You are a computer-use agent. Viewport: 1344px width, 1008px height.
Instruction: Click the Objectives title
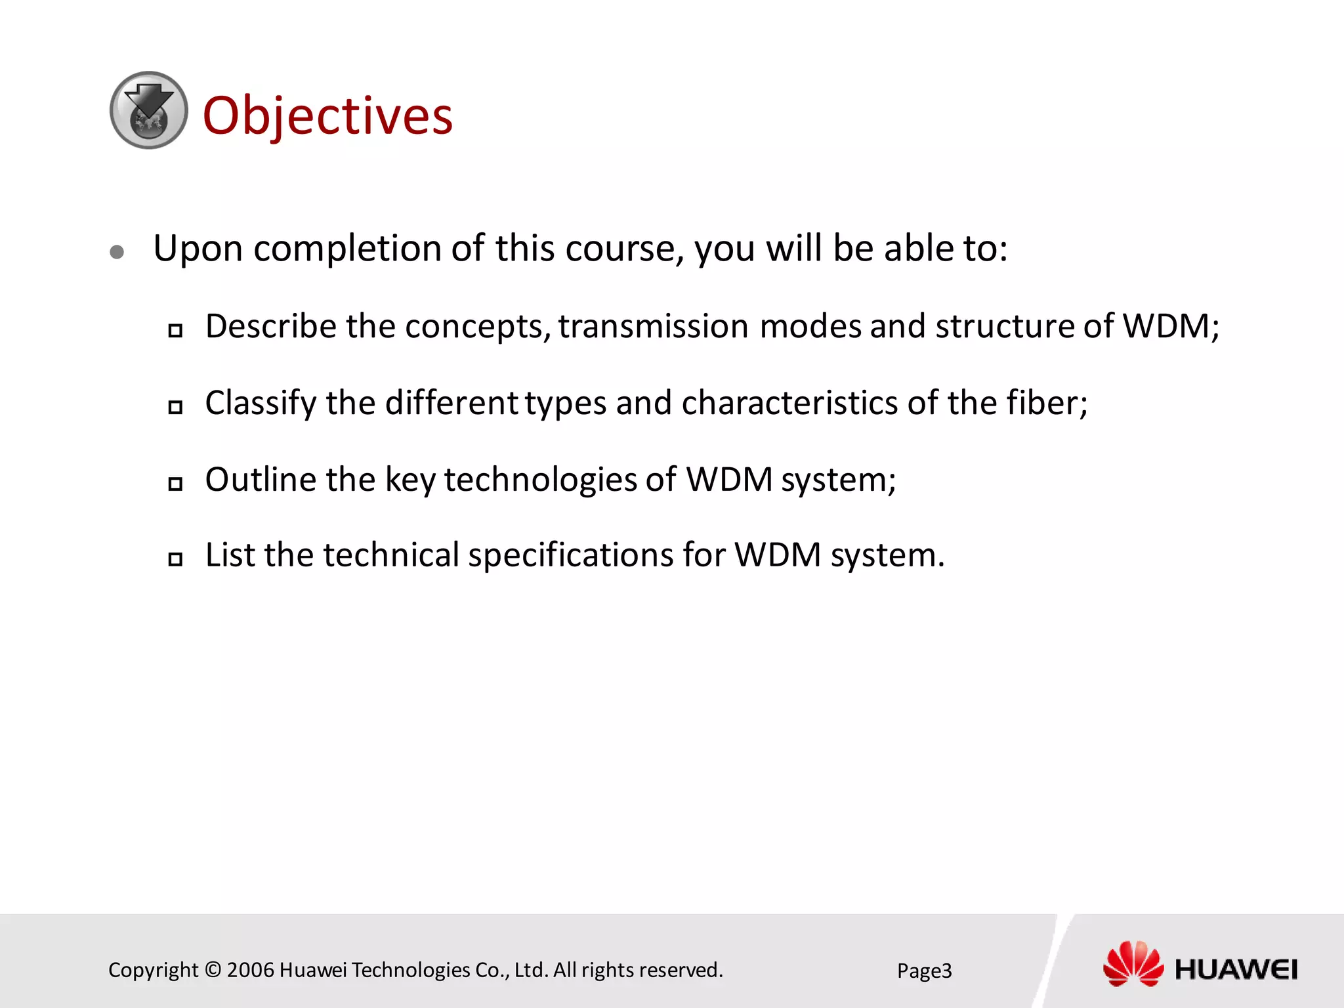click(x=327, y=115)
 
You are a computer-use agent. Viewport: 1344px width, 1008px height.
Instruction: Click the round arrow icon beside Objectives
click(x=149, y=110)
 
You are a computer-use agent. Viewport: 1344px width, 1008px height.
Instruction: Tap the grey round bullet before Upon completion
click(x=117, y=253)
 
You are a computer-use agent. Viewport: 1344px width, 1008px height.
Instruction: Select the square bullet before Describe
click(x=175, y=330)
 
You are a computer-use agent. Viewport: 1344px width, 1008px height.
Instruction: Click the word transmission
click(x=653, y=326)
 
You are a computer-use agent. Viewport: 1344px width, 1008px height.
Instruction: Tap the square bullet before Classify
click(x=175, y=407)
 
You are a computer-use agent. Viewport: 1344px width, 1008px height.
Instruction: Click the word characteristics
click(x=789, y=403)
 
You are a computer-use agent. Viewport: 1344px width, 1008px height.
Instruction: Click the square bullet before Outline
click(x=175, y=484)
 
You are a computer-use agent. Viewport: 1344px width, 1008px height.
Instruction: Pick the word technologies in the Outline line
click(x=540, y=480)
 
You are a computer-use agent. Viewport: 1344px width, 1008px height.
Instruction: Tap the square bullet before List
click(x=175, y=559)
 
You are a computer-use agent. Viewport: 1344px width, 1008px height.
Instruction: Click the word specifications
click(x=570, y=555)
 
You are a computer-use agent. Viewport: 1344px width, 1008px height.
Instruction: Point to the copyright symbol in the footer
click(x=213, y=970)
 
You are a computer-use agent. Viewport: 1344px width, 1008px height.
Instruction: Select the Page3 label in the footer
click(x=924, y=971)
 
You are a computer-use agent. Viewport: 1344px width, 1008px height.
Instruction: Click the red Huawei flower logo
click(x=1133, y=963)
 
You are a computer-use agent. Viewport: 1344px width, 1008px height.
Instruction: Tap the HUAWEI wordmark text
click(x=1236, y=969)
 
